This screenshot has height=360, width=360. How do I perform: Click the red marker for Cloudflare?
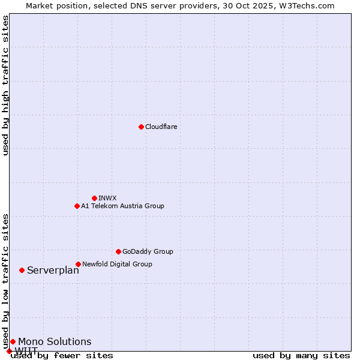141,127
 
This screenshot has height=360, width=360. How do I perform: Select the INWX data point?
94,198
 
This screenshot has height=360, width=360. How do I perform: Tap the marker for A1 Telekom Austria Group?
77,206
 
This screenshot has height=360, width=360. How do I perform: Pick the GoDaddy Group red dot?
118,251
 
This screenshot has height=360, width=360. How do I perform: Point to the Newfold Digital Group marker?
78,264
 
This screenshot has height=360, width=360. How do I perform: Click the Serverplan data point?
22,270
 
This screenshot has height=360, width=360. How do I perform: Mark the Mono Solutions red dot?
13,341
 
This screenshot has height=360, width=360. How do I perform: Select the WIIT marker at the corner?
9,351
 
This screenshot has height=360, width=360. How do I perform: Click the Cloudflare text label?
161,127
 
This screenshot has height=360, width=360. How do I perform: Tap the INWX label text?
107,198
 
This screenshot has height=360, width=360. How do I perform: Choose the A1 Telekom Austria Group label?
122,206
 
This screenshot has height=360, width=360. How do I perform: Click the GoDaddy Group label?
148,251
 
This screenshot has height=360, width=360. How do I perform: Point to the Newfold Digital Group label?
117,264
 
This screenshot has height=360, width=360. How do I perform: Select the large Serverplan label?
53,270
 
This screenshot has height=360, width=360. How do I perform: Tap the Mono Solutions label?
55,341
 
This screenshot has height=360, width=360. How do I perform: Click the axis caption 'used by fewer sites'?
62,355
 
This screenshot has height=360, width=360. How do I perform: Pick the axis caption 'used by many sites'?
301,355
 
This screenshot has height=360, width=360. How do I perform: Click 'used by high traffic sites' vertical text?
5,85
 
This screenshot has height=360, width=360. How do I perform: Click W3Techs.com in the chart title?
309,5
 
